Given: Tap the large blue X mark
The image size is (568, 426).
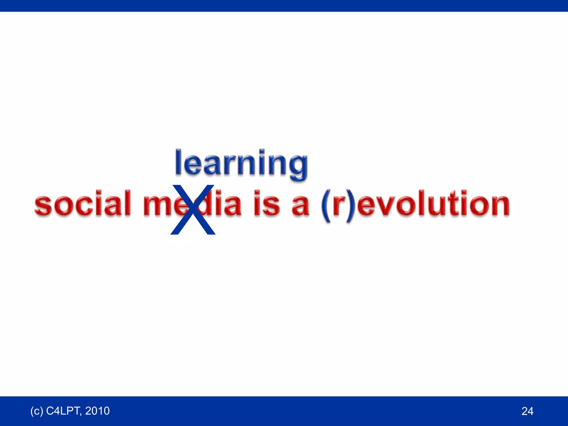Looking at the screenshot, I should [193, 210].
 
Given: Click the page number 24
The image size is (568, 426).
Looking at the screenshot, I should [527, 411].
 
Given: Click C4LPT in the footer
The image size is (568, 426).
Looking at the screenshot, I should [64, 411].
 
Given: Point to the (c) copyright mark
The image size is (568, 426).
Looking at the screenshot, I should [37, 411].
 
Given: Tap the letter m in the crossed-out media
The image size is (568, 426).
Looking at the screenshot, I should [157, 206].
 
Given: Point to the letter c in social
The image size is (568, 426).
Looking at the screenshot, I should [85, 206].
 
